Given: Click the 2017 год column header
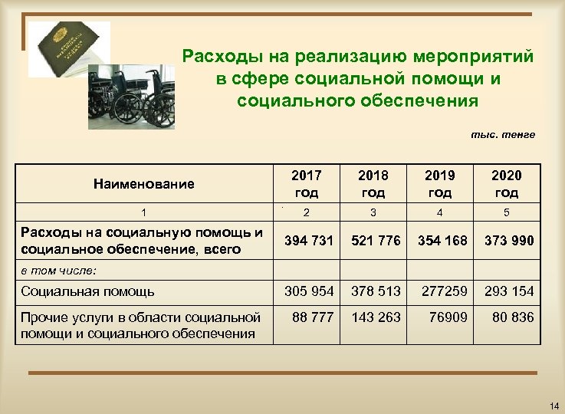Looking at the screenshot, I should tap(307, 184).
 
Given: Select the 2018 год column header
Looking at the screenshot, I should tap(373, 184).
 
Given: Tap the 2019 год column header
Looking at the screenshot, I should tap(440, 184).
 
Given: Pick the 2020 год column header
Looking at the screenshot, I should tap(507, 184).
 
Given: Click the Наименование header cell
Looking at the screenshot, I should tap(144, 184).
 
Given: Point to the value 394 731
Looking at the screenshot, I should tap(309, 241).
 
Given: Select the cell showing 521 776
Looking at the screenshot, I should tap(375, 241).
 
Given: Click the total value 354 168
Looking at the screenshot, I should tap(442, 241).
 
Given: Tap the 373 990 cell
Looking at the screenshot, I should tap(509, 241).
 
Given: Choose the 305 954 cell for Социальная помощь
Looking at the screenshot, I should tap(309, 291).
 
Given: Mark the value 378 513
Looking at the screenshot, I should tap(376, 291).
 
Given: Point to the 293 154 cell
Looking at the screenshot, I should tap(509, 291).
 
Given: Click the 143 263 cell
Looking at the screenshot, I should tap(376, 317).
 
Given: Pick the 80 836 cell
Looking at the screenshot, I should tap(512, 317).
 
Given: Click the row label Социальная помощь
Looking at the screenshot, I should tap(88, 291).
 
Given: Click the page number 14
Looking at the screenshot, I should tap(554, 404).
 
